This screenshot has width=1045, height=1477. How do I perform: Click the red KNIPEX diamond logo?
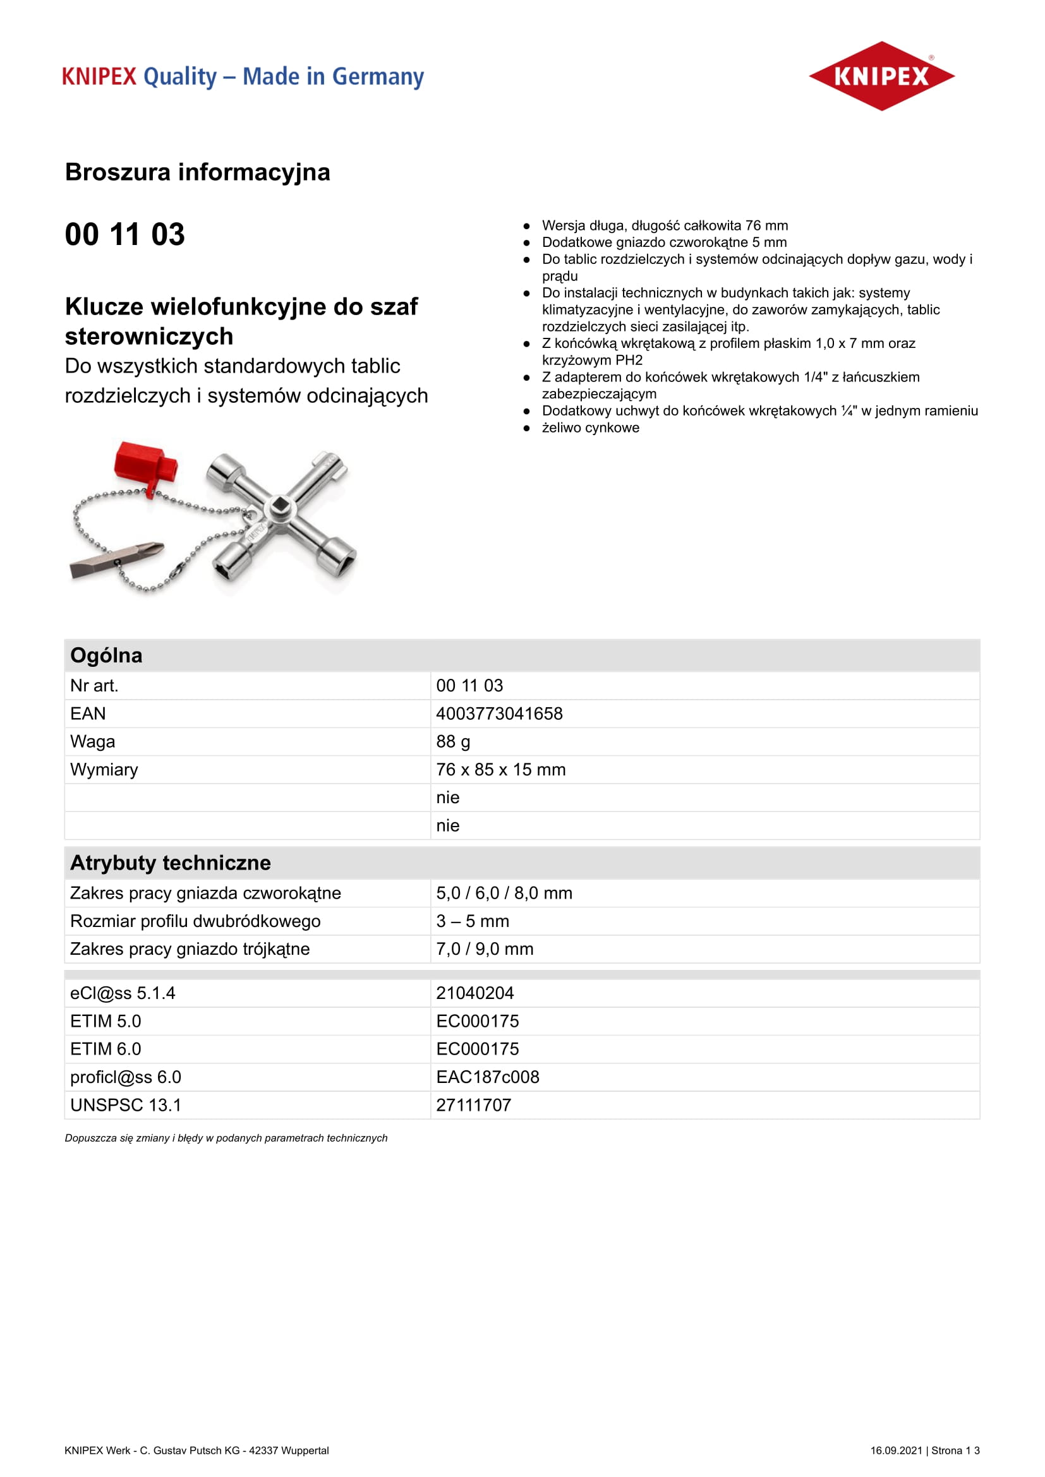click(x=881, y=76)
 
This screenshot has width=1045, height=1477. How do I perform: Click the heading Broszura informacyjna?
click(x=198, y=172)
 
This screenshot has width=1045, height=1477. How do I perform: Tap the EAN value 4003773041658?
click(x=499, y=714)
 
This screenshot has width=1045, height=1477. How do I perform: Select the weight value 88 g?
click(x=453, y=742)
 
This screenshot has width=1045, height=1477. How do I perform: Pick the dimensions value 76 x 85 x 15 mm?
click(x=500, y=769)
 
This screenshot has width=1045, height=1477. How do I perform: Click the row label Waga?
click(x=93, y=742)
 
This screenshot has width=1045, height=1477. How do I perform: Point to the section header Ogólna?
click(x=106, y=655)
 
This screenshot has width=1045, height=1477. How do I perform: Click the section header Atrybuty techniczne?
click(x=171, y=863)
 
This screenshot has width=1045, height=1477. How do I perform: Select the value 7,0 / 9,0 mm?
click(x=485, y=949)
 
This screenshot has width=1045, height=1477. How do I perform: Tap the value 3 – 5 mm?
click(x=473, y=921)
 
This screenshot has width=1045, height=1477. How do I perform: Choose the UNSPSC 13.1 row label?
click(x=126, y=1105)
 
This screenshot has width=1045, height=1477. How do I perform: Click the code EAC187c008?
click(x=488, y=1077)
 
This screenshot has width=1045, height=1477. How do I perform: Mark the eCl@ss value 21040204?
click(x=475, y=993)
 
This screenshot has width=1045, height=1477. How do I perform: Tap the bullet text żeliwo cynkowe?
click(x=591, y=428)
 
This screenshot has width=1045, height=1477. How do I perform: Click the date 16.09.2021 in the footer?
click(x=897, y=1450)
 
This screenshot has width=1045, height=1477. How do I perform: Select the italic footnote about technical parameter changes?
click(x=226, y=1138)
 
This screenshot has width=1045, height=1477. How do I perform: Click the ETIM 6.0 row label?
click(x=106, y=1049)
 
